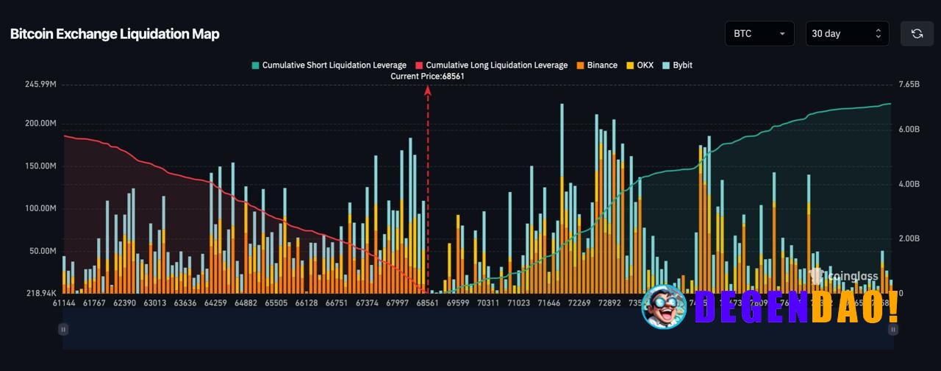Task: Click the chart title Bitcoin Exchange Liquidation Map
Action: [115, 34]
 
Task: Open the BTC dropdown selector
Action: [759, 34]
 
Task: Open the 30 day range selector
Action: [847, 34]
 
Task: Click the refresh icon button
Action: [917, 34]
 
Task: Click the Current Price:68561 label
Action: [427, 76]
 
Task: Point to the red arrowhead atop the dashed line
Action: [427, 90]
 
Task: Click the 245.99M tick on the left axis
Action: [40, 85]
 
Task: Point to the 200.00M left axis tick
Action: [40, 124]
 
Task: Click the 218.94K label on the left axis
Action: [40, 293]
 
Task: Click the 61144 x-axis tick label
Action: [64, 303]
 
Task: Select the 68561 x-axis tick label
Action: [427, 303]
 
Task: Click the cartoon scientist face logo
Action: [664, 306]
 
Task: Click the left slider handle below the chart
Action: [64, 330]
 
